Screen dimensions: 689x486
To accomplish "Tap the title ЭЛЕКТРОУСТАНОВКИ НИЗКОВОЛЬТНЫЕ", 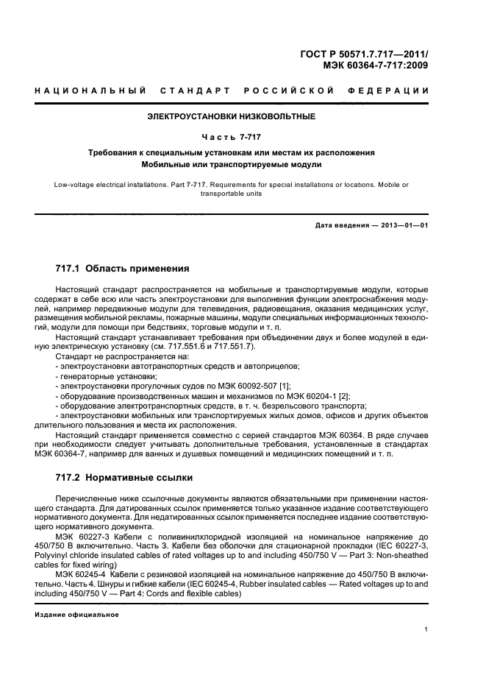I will (232, 116).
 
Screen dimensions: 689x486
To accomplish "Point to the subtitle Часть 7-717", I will (232, 136).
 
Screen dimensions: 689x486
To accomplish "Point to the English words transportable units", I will (232, 194).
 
